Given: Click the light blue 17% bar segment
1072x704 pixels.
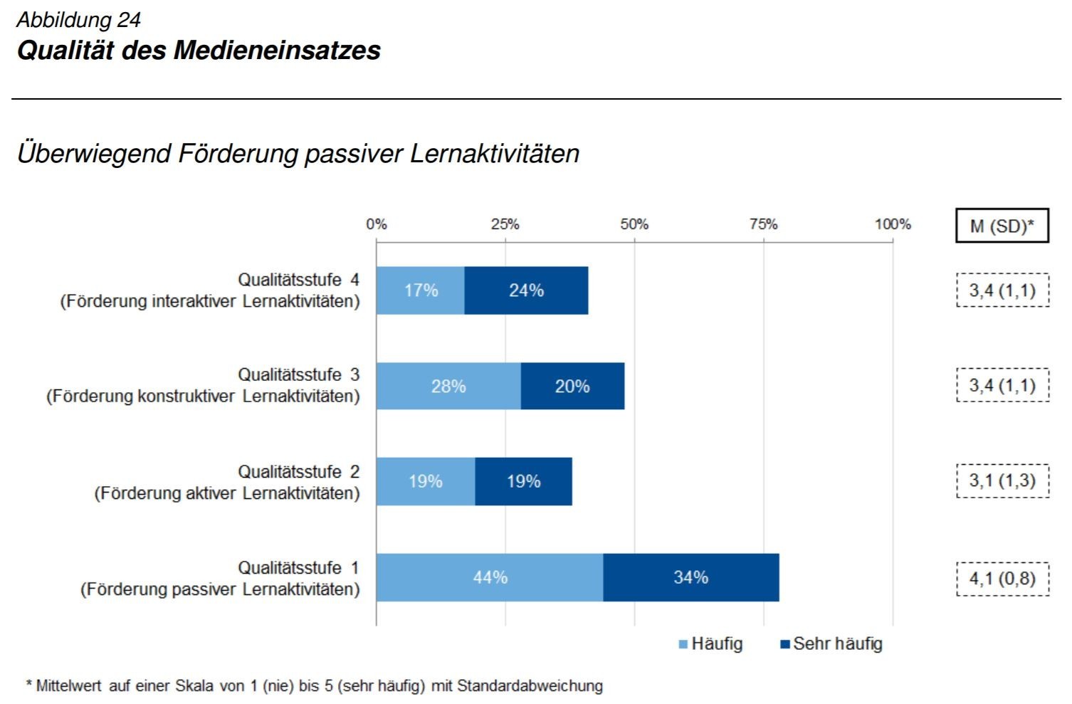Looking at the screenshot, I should pyautogui.click(x=420, y=290).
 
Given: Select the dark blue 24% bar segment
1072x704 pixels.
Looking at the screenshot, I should pyautogui.click(x=526, y=290).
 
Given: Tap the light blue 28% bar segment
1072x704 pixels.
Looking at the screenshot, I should pyautogui.click(x=448, y=387).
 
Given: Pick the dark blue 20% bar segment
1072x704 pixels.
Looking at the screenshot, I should pyautogui.click(x=572, y=387).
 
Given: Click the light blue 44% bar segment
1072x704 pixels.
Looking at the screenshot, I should pyautogui.click(x=490, y=577).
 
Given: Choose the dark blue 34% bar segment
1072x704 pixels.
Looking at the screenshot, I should pyautogui.click(x=690, y=577).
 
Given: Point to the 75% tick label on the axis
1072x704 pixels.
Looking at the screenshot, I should pyautogui.click(x=763, y=224).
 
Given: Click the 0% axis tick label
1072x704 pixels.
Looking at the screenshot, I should pyautogui.click(x=377, y=224).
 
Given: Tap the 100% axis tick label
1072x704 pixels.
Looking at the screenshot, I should pyautogui.click(x=893, y=224).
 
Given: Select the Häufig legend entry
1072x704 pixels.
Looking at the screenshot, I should pyautogui.click(x=710, y=644).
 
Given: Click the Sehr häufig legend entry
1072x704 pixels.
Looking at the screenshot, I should pyautogui.click(x=831, y=644).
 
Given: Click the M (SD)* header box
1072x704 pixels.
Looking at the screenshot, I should pyautogui.click(x=1002, y=226).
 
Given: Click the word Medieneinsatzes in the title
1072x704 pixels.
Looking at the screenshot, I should pyautogui.click(x=277, y=51).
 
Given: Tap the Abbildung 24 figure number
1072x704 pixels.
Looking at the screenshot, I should pyautogui.click(x=78, y=20).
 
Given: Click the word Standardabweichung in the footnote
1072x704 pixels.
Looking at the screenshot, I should pyautogui.click(x=530, y=686).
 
